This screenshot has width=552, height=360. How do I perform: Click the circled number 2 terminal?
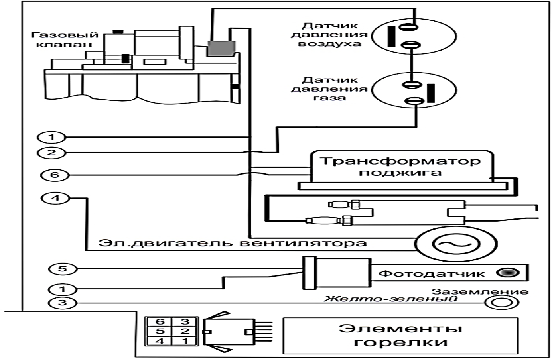pos(52,152)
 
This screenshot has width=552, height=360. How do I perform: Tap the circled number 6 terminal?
pos(55,175)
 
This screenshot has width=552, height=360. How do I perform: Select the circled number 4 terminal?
pos(55,198)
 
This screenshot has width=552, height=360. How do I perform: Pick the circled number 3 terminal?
pos(62,303)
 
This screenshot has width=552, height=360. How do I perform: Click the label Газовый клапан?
pos(65,39)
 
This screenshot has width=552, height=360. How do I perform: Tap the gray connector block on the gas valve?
pos(221,48)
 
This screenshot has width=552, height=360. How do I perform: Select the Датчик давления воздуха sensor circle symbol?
pos(414,36)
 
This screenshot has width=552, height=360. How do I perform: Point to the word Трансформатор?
pos(400,161)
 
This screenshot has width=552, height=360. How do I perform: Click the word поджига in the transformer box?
pos(400,173)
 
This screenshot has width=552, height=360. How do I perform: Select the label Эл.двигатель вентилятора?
pos(232,243)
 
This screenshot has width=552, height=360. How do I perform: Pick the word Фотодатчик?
pos(431,273)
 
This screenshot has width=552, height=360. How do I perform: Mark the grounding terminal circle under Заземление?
pos(502,303)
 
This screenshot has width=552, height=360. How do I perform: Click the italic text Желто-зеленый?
pos(390,299)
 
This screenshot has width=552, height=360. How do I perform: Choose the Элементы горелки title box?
pos(400,336)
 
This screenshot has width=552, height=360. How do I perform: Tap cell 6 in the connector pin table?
pos(160,322)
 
